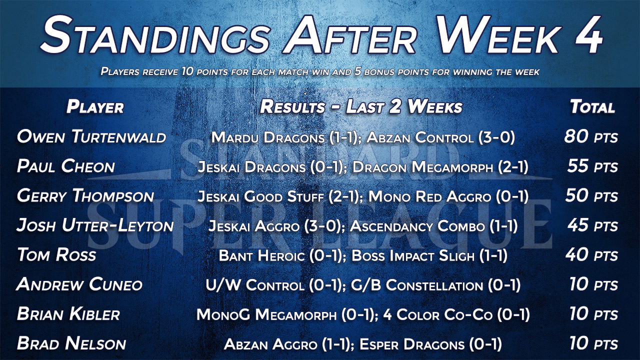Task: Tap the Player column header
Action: pos(95,107)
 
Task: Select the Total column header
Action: pos(592,107)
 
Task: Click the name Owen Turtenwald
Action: pos(91,136)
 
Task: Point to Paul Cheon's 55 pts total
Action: pos(592,166)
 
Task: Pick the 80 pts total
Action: pos(591,136)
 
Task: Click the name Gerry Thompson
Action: pos(85,196)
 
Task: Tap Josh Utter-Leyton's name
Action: pos(95,225)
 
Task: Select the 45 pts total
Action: pos(592,225)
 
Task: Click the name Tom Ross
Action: pos(56,255)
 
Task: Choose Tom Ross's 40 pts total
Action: pos(591,255)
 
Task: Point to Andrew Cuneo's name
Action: pos(79,284)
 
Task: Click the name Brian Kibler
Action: pos(68,314)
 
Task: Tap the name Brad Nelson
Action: pos(71,343)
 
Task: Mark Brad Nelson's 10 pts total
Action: pos(593,343)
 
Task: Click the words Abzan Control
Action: pos(420,137)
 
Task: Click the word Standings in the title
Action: pos(155,35)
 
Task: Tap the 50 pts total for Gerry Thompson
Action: pos(591,196)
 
